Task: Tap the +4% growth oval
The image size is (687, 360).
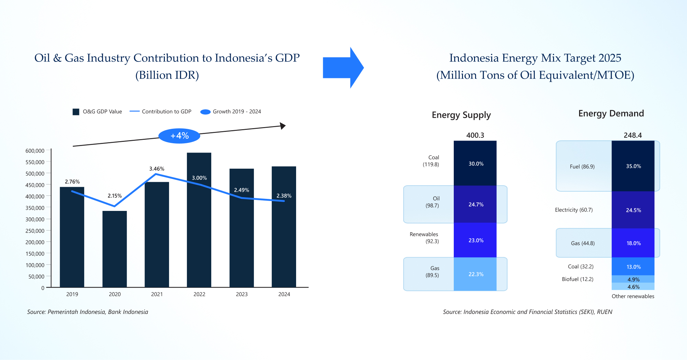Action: (x=179, y=136)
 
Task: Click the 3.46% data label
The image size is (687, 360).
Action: (x=157, y=169)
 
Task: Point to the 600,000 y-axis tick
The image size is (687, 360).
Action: (x=35, y=151)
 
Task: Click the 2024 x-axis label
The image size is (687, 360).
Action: (x=284, y=294)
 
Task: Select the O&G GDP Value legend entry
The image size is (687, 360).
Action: (x=98, y=112)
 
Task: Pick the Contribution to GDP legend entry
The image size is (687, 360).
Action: (x=160, y=112)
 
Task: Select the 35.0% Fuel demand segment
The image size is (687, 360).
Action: (x=633, y=166)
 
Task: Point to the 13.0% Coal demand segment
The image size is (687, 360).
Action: (x=633, y=267)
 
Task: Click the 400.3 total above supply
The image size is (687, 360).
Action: (x=475, y=135)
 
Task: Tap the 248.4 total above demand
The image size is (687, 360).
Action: (x=633, y=135)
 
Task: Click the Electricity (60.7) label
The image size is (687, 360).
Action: (x=574, y=210)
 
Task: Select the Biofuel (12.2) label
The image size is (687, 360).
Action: (x=577, y=279)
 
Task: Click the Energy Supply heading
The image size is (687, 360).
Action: (x=461, y=115)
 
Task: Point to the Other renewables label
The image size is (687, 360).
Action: (x=633, y=296)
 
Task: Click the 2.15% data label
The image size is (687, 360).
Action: (x=114, y=196)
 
